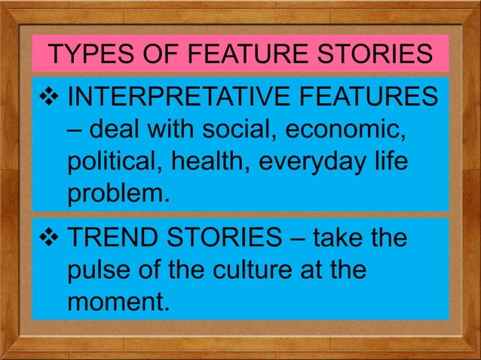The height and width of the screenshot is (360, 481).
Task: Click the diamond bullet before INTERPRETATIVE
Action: click(x=51, y=98)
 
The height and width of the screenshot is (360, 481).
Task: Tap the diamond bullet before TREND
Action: click(x=51, y=239)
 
